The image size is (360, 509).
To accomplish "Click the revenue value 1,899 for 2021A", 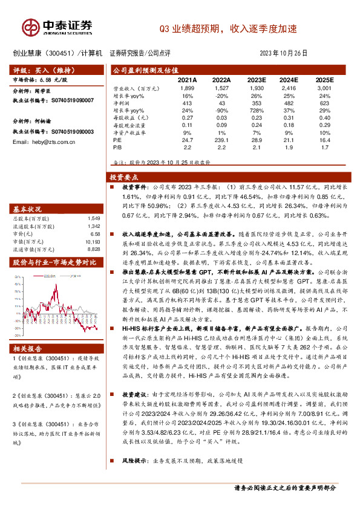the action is pyautogui.click(x=188, y=89).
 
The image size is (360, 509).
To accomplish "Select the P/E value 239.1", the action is pyautogui.click(x=221, y=140).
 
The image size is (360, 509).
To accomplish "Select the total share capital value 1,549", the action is pyautogui.click(x=92, y=218).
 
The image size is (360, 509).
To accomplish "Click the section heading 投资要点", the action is pyautogui.click(x=124, y=177).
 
